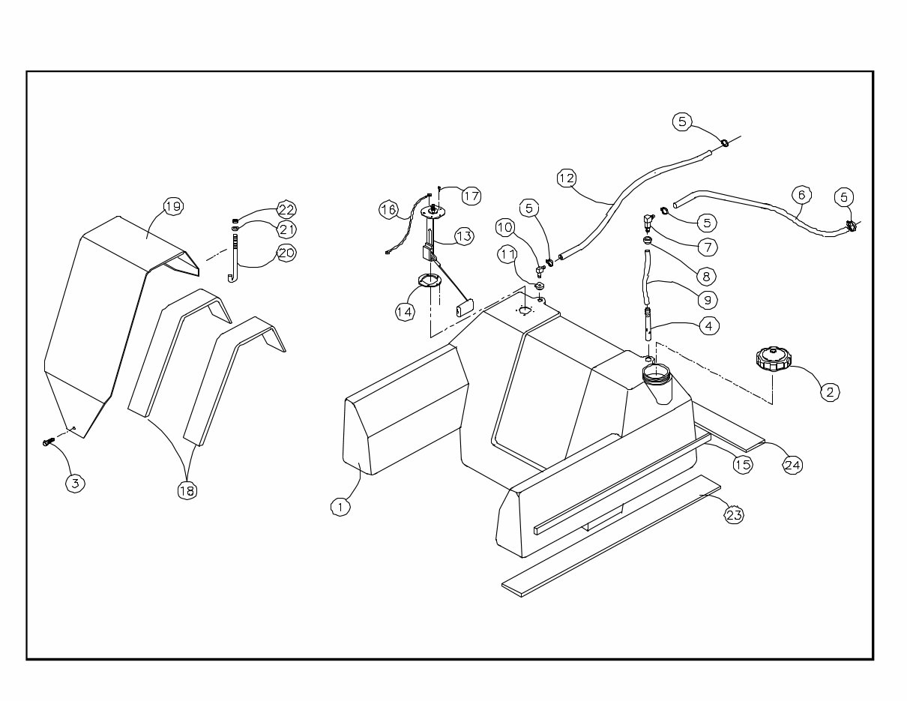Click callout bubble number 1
pos(340,507)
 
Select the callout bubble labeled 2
pos(829,391)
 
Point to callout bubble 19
pos(173,206)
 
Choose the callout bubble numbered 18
pos(187,490)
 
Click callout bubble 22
pos(286,209)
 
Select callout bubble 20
pos(286,253)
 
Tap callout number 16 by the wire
pos(388,209)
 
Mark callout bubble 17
pos(471,196)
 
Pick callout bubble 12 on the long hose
pos(567,178)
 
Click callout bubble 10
pos(504,226)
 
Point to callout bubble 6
pos(801,195)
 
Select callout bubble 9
pos(706,299)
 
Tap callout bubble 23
pos(734,515)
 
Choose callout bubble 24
pos(792,465)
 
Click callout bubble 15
pos(742,465)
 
